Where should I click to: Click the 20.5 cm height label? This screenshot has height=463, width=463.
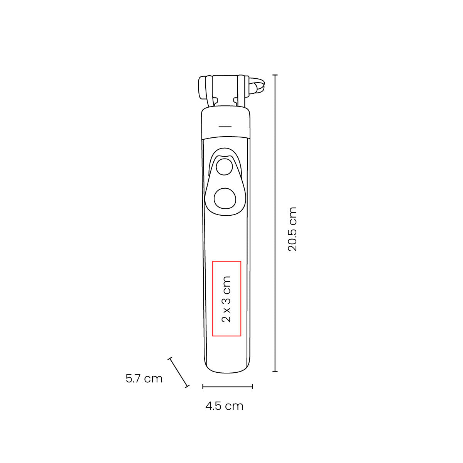pos(292,229)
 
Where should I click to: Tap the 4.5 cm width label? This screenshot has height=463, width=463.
pos(225,406)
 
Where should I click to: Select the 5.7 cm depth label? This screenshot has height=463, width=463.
pos(144,379)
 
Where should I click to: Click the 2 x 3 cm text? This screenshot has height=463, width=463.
pos(226,299)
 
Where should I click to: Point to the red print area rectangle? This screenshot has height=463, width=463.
pos(212,298)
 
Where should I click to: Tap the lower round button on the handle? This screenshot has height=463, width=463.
pos(225,198)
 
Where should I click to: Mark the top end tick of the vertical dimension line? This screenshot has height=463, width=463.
pos(275,75)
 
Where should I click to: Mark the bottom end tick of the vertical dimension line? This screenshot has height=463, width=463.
pos(275,371)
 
